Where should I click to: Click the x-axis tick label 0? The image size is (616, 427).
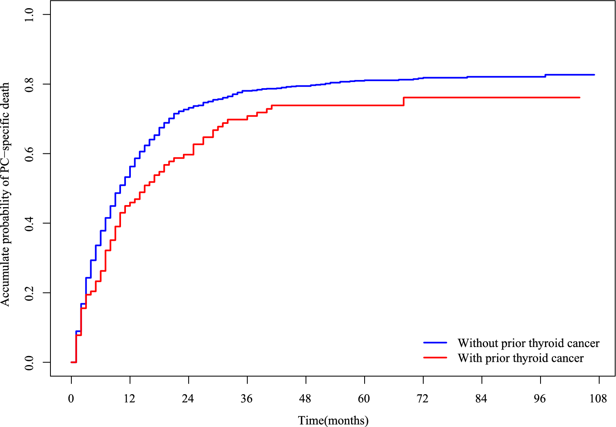(71, 399)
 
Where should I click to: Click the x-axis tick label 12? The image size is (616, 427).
(130, 399)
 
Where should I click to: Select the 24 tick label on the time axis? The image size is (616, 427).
(188, 399)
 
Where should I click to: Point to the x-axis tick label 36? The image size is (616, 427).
(247, 399)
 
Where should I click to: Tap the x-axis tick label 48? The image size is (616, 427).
(306, 399)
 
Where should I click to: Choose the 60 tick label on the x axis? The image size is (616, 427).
(364, 399)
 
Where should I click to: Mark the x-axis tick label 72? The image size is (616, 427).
(423, 399)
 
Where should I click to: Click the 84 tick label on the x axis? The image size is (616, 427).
(481, 399)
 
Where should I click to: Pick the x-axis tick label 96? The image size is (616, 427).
(540, 399)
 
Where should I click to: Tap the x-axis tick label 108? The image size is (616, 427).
(598, 399)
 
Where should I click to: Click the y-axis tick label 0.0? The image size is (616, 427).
(29, 363)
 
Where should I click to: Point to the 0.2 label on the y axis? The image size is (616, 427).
(29, 293)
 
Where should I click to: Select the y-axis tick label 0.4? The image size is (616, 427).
(29, 223)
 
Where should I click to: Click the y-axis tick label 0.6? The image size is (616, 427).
(29, 154)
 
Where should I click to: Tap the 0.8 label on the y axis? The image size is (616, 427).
(29, 84)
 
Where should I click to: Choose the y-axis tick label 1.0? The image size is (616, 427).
(29, 14)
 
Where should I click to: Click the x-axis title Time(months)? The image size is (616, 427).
(333, 420)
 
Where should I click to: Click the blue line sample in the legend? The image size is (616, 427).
(435, 342)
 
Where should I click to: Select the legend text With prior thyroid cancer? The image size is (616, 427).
(520, 358)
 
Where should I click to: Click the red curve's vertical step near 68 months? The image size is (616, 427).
(404, 102)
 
